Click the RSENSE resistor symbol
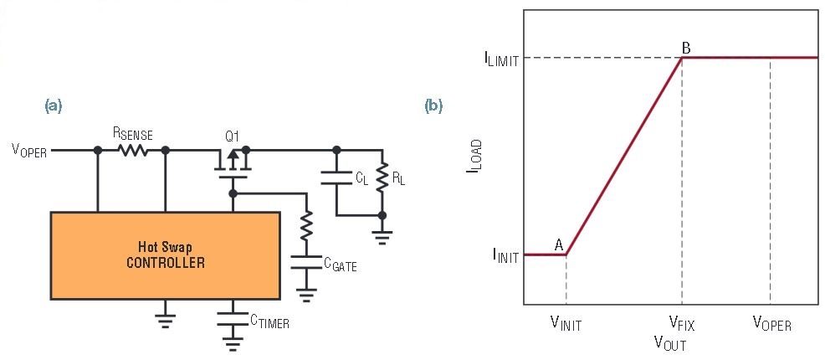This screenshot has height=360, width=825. (131, 151)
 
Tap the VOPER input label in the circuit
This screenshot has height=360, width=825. (29, 151)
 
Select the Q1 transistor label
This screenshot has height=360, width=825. (232, 136)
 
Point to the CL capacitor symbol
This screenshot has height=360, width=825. (337, 177)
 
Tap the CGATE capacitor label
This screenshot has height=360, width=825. (340, 265)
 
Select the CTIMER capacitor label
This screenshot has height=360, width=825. (269, 321)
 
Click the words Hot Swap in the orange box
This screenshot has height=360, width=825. (165, 246)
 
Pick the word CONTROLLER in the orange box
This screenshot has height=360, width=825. (165, 262)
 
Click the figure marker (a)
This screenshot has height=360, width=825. (54, 106)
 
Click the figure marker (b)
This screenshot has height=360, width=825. (433, 106)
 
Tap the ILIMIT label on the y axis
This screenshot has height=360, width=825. (501, 59)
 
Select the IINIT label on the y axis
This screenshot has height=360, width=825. (505, 257)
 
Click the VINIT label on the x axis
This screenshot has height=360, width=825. (566, 324)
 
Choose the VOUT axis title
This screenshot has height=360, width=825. (671, 343)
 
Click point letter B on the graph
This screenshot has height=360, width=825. (686, 48)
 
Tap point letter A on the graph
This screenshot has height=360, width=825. (559, 244)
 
